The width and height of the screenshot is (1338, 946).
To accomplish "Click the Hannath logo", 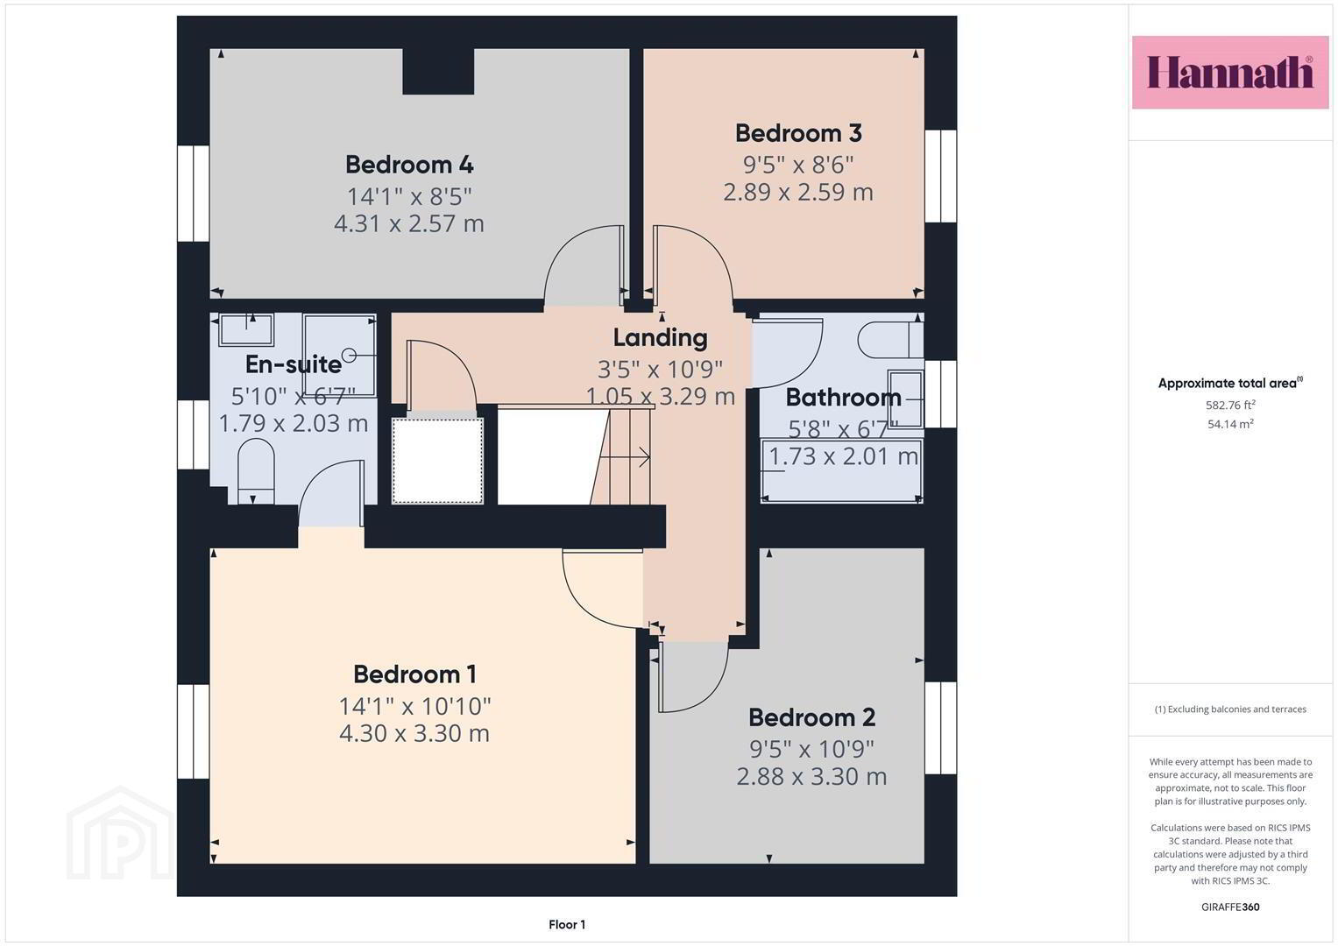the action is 1230,72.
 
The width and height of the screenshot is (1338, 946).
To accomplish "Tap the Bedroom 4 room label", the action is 409,165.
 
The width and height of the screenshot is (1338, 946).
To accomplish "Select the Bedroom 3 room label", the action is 798,133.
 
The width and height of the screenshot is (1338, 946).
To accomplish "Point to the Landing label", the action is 660,339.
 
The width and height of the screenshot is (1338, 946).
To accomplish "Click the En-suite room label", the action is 294,364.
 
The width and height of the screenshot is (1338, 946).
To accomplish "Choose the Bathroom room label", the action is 843,398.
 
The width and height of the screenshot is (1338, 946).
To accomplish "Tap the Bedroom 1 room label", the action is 414,674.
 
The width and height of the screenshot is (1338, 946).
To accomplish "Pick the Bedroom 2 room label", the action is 811,718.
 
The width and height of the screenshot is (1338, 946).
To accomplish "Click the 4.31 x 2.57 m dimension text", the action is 408,224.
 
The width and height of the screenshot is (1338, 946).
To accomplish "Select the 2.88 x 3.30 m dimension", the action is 811,777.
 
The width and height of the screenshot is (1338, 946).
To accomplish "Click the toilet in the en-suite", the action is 256,472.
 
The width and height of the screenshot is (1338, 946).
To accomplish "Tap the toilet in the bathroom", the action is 890,340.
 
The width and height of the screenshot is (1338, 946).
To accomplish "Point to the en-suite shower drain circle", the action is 350,356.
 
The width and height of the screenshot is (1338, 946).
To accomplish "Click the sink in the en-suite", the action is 245,329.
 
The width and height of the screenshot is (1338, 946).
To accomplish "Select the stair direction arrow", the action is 625,457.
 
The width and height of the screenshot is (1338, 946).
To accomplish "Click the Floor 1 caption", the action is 567,924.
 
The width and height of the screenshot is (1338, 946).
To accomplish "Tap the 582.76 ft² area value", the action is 1230,405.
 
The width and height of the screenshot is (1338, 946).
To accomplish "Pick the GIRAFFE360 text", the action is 1230,907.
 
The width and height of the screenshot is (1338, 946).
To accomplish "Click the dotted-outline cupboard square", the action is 437,461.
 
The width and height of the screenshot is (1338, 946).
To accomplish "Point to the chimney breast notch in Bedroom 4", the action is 438,71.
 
